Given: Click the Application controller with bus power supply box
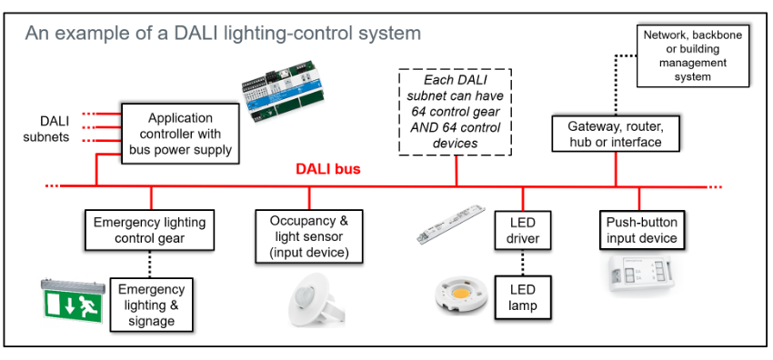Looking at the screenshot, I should pos(180,135).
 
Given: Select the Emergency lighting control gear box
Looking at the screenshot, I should pos(150,230).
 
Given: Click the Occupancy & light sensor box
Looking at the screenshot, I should pos(309,235).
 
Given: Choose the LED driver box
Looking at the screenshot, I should pos(523,230).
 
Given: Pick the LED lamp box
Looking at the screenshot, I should pos(523,296).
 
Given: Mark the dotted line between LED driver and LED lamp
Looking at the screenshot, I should pos(523,263).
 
